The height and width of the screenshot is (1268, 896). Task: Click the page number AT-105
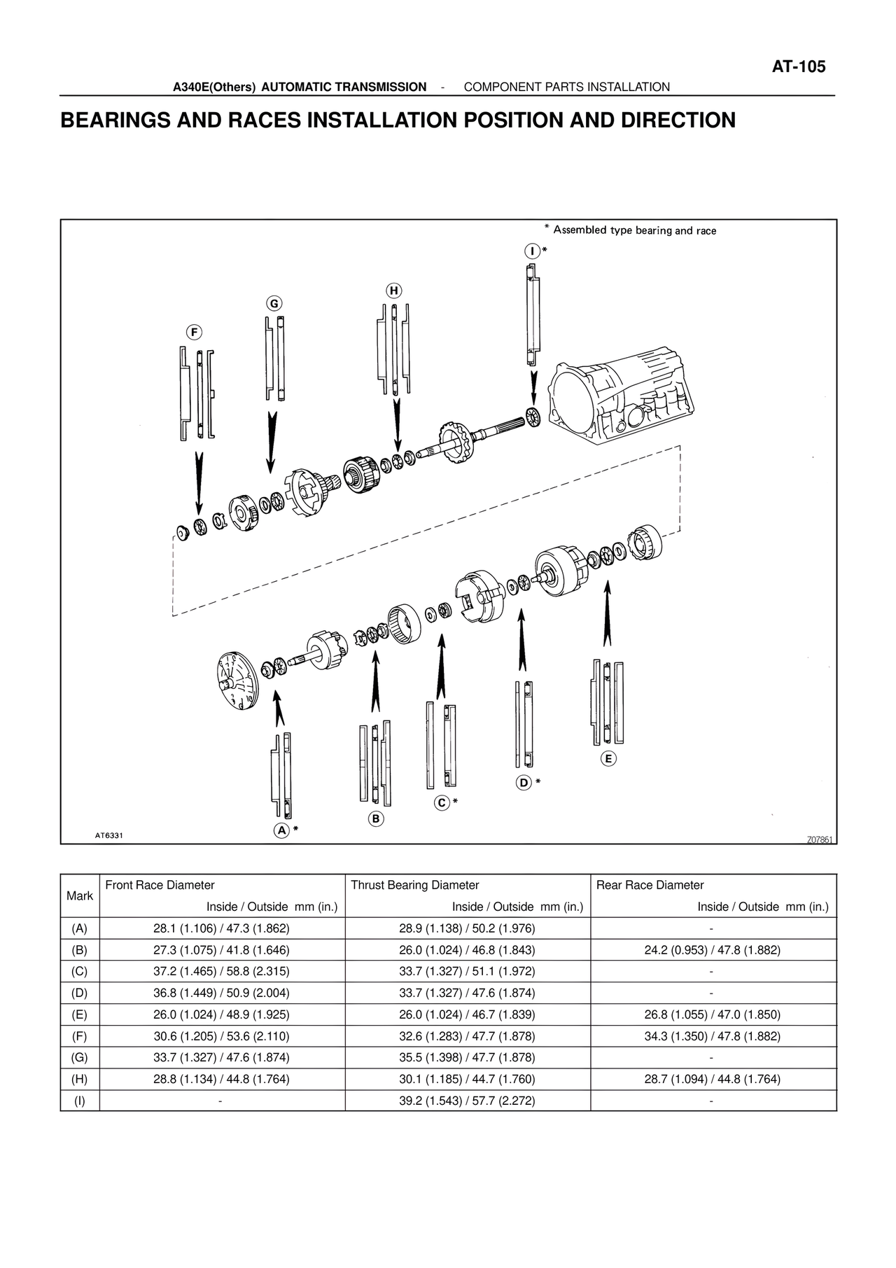(x=798, y=67)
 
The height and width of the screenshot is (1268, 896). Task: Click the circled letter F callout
(x=195, y=332)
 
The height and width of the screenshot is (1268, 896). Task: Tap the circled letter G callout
(x=274, y=303)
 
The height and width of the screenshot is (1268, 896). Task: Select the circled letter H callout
(x=394, y=290)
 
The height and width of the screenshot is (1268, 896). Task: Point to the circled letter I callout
(x=532, y=251)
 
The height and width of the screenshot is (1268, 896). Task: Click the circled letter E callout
(x=608, y=758)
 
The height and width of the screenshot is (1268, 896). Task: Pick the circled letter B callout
(x=376, y=818)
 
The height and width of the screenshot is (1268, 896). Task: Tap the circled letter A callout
(x=281, y=830)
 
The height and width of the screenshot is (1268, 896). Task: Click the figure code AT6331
(x=109, y=835)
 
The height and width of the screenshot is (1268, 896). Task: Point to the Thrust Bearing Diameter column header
(x=414, y=885)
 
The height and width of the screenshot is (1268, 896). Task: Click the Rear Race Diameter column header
(x=650, y=885)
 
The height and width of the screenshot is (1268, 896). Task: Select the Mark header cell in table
(x=80, y=896)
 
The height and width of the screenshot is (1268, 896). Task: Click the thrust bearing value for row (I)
(x=467, y=1101)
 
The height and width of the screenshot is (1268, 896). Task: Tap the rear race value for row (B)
(x=712, y=950)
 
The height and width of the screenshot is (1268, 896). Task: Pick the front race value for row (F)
(x=221, y=1036)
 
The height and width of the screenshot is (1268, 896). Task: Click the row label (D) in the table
(x=80, y=993)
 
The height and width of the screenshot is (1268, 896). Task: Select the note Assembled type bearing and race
(x=633, y=230)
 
